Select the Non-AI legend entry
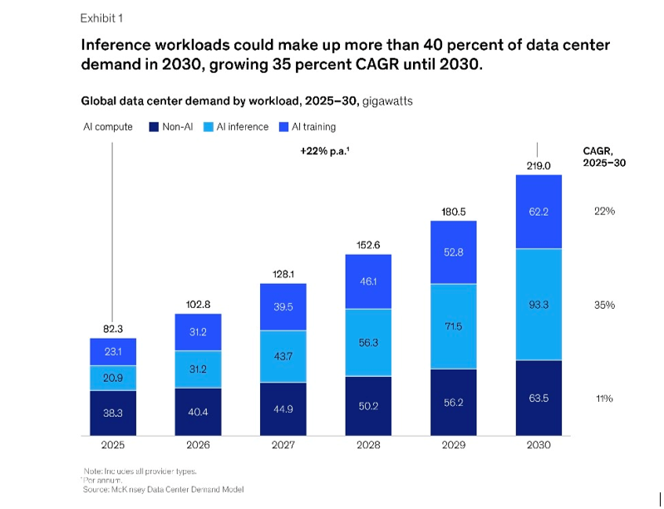coord(170,127)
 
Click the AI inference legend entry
coord(237,127)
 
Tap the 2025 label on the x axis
coord(113,446)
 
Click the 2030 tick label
coord(539,446)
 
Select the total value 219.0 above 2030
coord(539,166)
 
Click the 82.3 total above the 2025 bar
coord(113,330)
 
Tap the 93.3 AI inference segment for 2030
coord(539,305)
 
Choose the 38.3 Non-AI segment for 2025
coord(113,413)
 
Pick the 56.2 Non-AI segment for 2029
coord(453,402)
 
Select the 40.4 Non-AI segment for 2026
coord(198,411)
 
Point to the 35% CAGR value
coord(604,305)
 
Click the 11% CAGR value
coord(604,399)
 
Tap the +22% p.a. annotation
coord(324,153)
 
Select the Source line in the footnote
coord(163,490)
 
